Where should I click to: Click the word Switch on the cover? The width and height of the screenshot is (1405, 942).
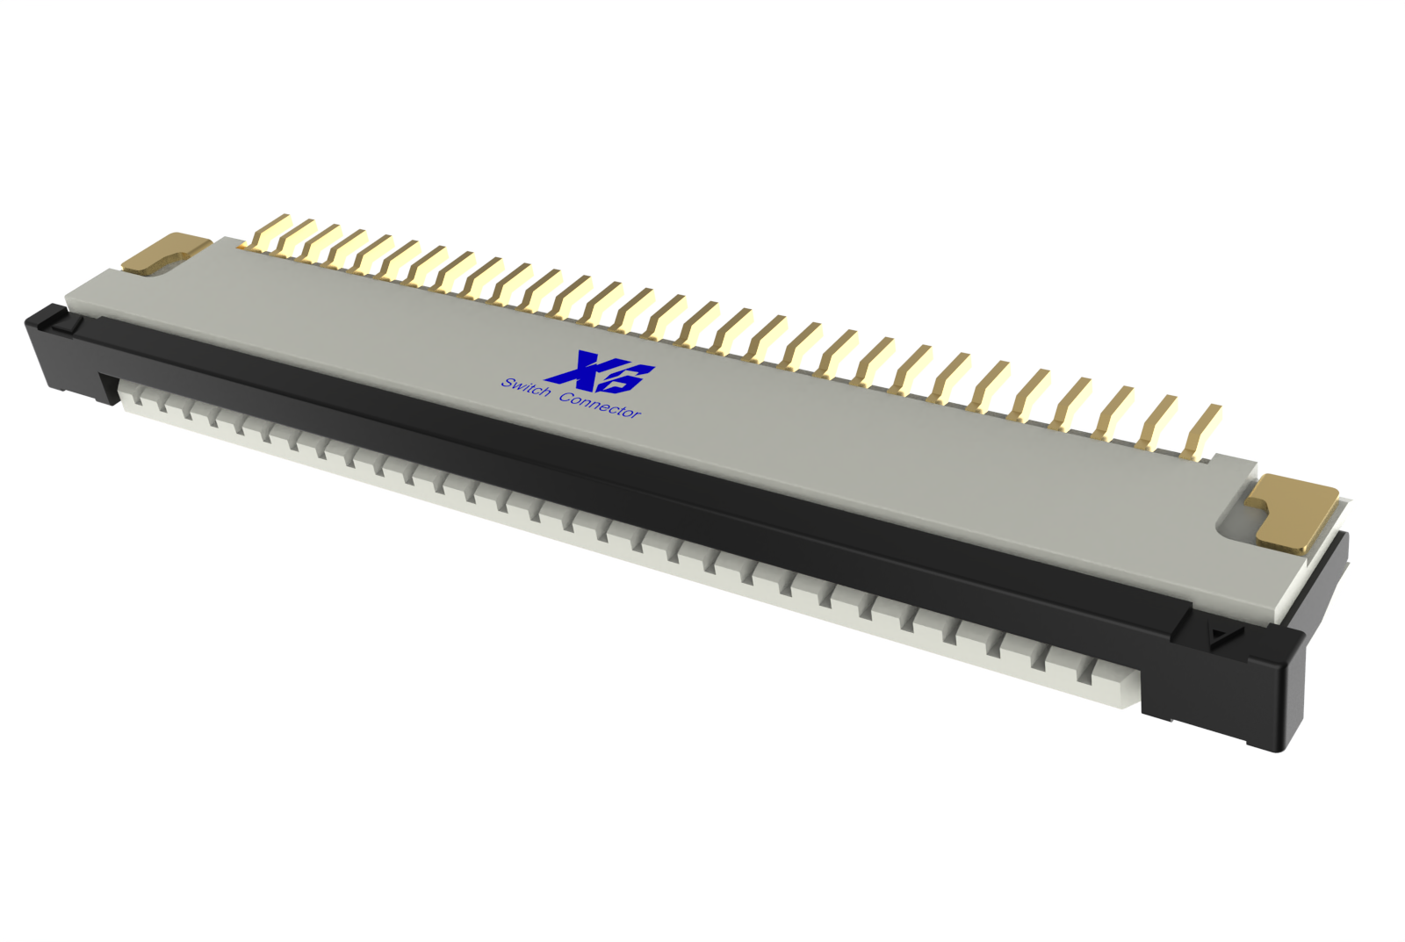526,386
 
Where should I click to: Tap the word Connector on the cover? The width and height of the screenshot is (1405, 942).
601,405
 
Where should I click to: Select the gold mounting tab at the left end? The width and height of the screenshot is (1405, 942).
165,251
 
